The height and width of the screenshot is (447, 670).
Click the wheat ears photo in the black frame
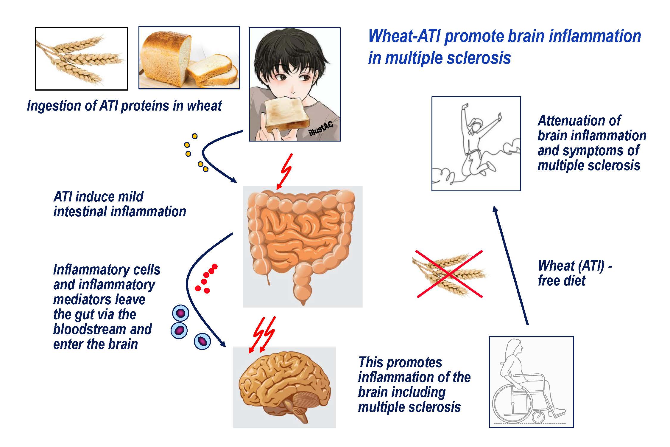pos(81,59)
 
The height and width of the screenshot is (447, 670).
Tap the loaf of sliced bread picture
pos(189,58)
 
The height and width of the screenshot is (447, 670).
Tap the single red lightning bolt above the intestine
pos(285,171)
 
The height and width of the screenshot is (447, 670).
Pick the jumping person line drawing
pos(476,143)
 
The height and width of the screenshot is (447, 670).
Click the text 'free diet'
pos(562,281)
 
